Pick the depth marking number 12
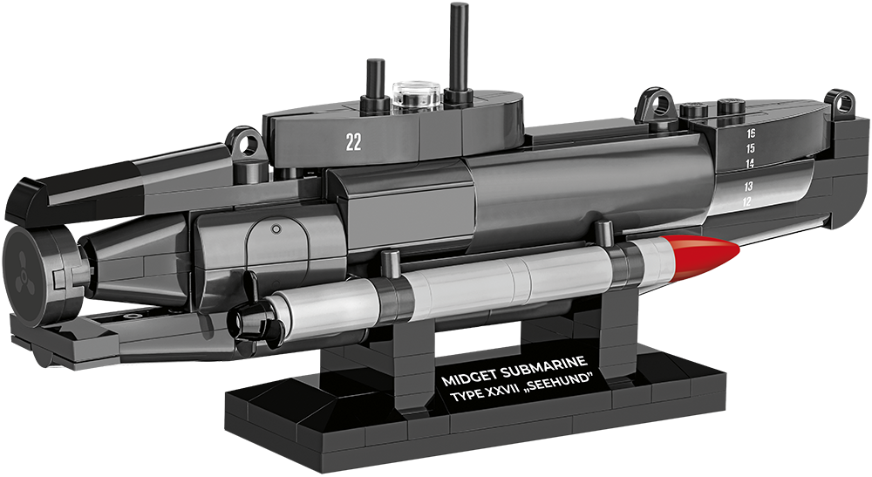point(746,202)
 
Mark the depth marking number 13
point(747,187)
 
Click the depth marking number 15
point(750,148)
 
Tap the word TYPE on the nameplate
point(464,399)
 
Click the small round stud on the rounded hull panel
point(276,228)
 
